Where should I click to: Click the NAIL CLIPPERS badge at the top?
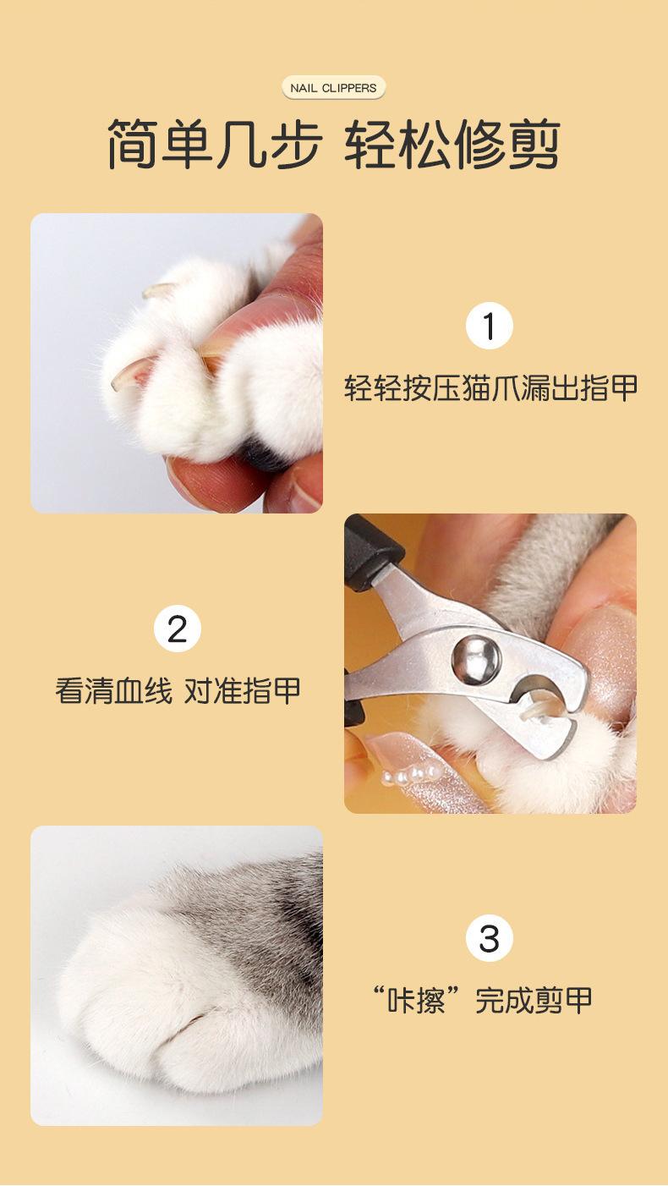333,88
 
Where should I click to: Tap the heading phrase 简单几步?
215,144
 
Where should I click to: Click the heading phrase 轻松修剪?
452,144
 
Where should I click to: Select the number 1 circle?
489,326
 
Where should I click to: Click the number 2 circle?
178,629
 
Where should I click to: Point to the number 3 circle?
489,937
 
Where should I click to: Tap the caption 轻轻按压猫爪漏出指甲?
490,388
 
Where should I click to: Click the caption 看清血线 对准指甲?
178,690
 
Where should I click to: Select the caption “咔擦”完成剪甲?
482,1000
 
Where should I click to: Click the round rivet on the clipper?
475,659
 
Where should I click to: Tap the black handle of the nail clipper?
370,553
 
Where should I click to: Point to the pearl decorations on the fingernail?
411,776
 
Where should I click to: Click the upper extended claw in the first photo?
157,289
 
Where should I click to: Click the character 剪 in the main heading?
534,144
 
